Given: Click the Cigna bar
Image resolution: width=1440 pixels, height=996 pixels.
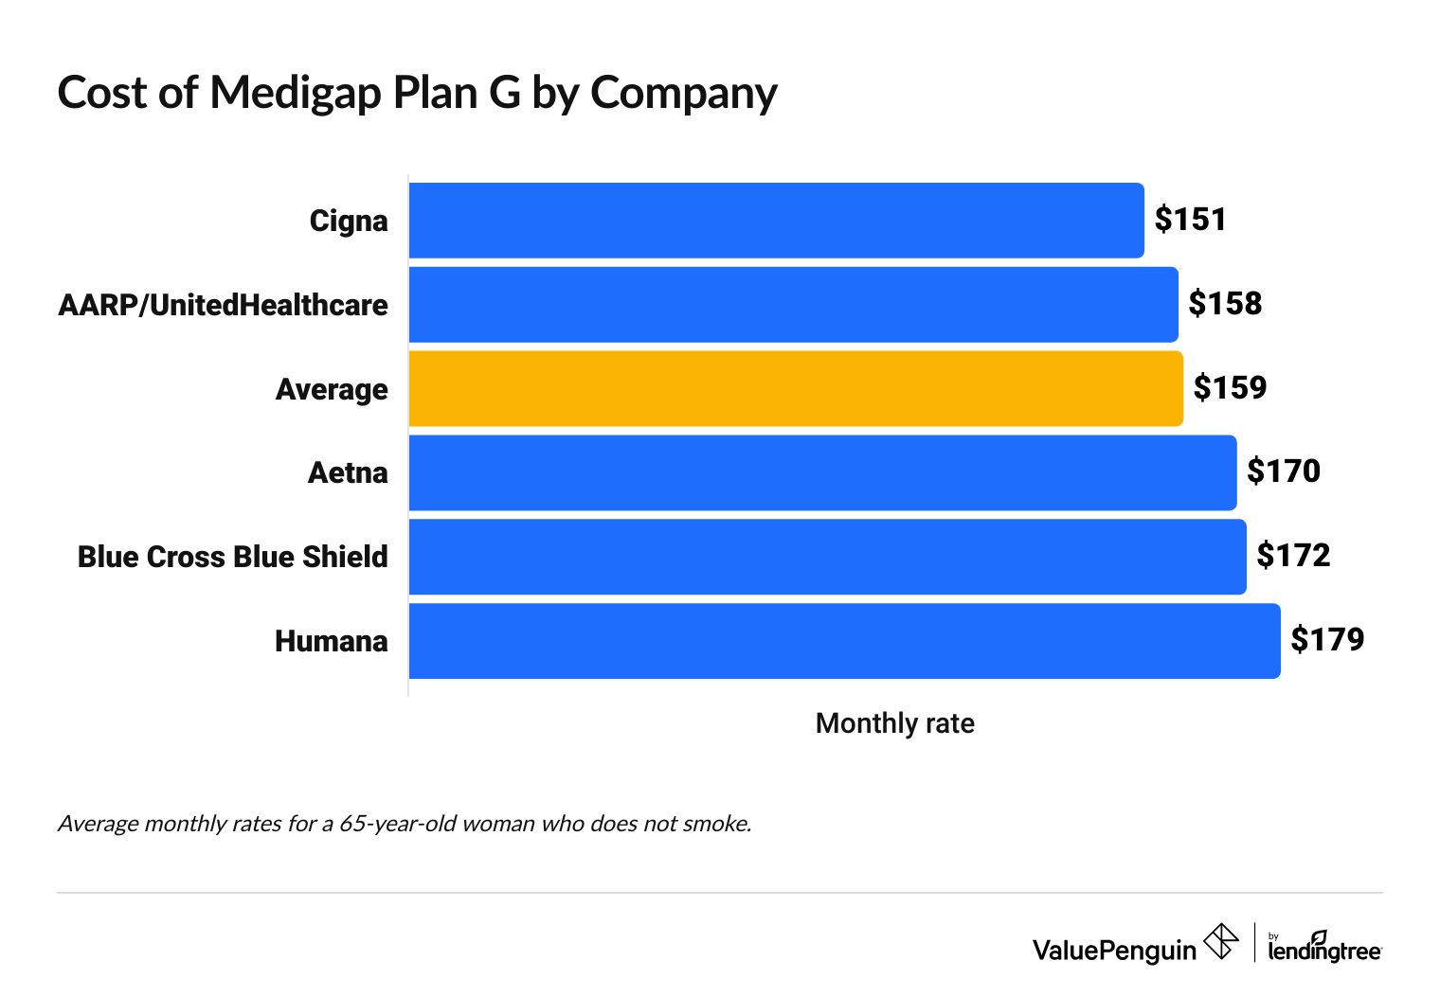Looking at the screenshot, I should (x=776, y=221).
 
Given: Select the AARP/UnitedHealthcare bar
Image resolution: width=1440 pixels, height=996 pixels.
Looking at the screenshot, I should (x=793, y=305).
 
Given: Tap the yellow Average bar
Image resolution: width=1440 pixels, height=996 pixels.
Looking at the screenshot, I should (x=796, y=388).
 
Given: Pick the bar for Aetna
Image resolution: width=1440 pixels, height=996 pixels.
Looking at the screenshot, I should (x=822, y=472).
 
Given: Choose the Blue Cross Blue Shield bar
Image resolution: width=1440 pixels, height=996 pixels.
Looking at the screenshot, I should (x=827, y=557).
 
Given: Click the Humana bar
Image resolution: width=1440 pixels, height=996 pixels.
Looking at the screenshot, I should (x=844, y=641).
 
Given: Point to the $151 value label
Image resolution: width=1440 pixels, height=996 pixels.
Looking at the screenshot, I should (x=1190, y=220).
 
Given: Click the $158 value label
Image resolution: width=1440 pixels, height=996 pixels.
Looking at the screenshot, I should (x=1225, y=304).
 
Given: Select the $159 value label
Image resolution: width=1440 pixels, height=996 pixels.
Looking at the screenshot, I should (x=1230, y=387).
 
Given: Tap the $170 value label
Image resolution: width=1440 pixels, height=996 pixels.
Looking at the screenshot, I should (x=1283, y=471).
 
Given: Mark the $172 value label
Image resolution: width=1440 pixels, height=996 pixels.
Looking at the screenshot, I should (x=1293, y=556).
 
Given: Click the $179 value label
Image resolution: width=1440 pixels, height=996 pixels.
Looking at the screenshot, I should (x=1327, y=640).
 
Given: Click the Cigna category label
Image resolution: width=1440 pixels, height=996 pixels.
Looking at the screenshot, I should (x=349, y=222).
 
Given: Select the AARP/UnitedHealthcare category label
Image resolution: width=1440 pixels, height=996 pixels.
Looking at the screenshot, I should (x=223, y=306).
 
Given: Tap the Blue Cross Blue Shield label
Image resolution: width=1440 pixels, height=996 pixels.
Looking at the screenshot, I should (x=232, y=557).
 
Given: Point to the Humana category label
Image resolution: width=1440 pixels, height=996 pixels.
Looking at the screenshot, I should (x=331, y=642).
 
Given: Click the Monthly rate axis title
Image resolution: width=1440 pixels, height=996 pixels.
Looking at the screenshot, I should (x=894, y=723).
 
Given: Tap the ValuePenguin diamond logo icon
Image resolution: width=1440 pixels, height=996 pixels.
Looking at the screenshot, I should (x=1220, y=942).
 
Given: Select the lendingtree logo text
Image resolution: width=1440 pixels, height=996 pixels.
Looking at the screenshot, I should (x=1324, y=949).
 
